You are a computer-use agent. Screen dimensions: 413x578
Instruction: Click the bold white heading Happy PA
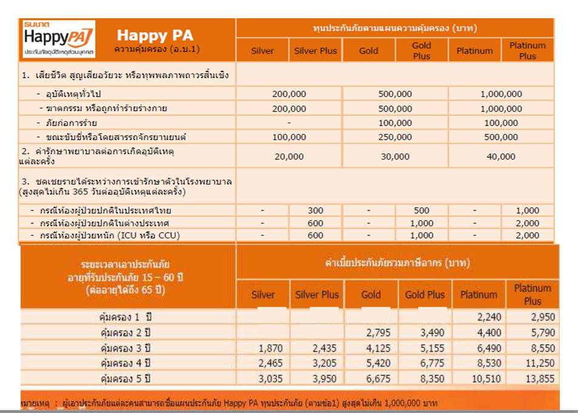(x=155, y=35)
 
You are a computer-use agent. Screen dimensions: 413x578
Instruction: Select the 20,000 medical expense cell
(x=289, y=156)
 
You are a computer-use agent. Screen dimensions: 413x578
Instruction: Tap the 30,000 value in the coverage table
(x=395, y=156)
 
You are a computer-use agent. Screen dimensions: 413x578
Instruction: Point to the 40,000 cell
(x=501, y=156)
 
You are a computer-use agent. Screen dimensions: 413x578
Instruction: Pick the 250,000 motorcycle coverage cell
(x=395, y=137)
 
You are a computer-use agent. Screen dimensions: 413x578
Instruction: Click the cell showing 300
(x=315, y=210)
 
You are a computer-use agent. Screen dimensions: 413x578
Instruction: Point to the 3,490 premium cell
(x=424, y=333)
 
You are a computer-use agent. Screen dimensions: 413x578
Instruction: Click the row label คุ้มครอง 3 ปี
(x=125, y=348)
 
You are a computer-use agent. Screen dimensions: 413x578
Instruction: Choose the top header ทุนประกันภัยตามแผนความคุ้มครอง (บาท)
(x=395, y=28)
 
